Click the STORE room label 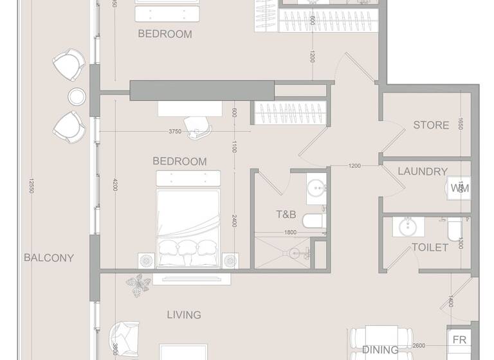(431, 125)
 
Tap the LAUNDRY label (423, 172)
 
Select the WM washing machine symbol (459, 188)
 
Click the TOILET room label (429, 247)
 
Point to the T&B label (286, 214)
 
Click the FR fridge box (459, 340)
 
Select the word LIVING (184, 315)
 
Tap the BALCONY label (49, 258)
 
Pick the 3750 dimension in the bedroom (175, 132)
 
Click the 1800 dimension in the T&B (290, 233)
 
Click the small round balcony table (77, 96)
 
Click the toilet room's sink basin (407, 226)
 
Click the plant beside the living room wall (138, 284)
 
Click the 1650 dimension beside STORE (460, 124)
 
